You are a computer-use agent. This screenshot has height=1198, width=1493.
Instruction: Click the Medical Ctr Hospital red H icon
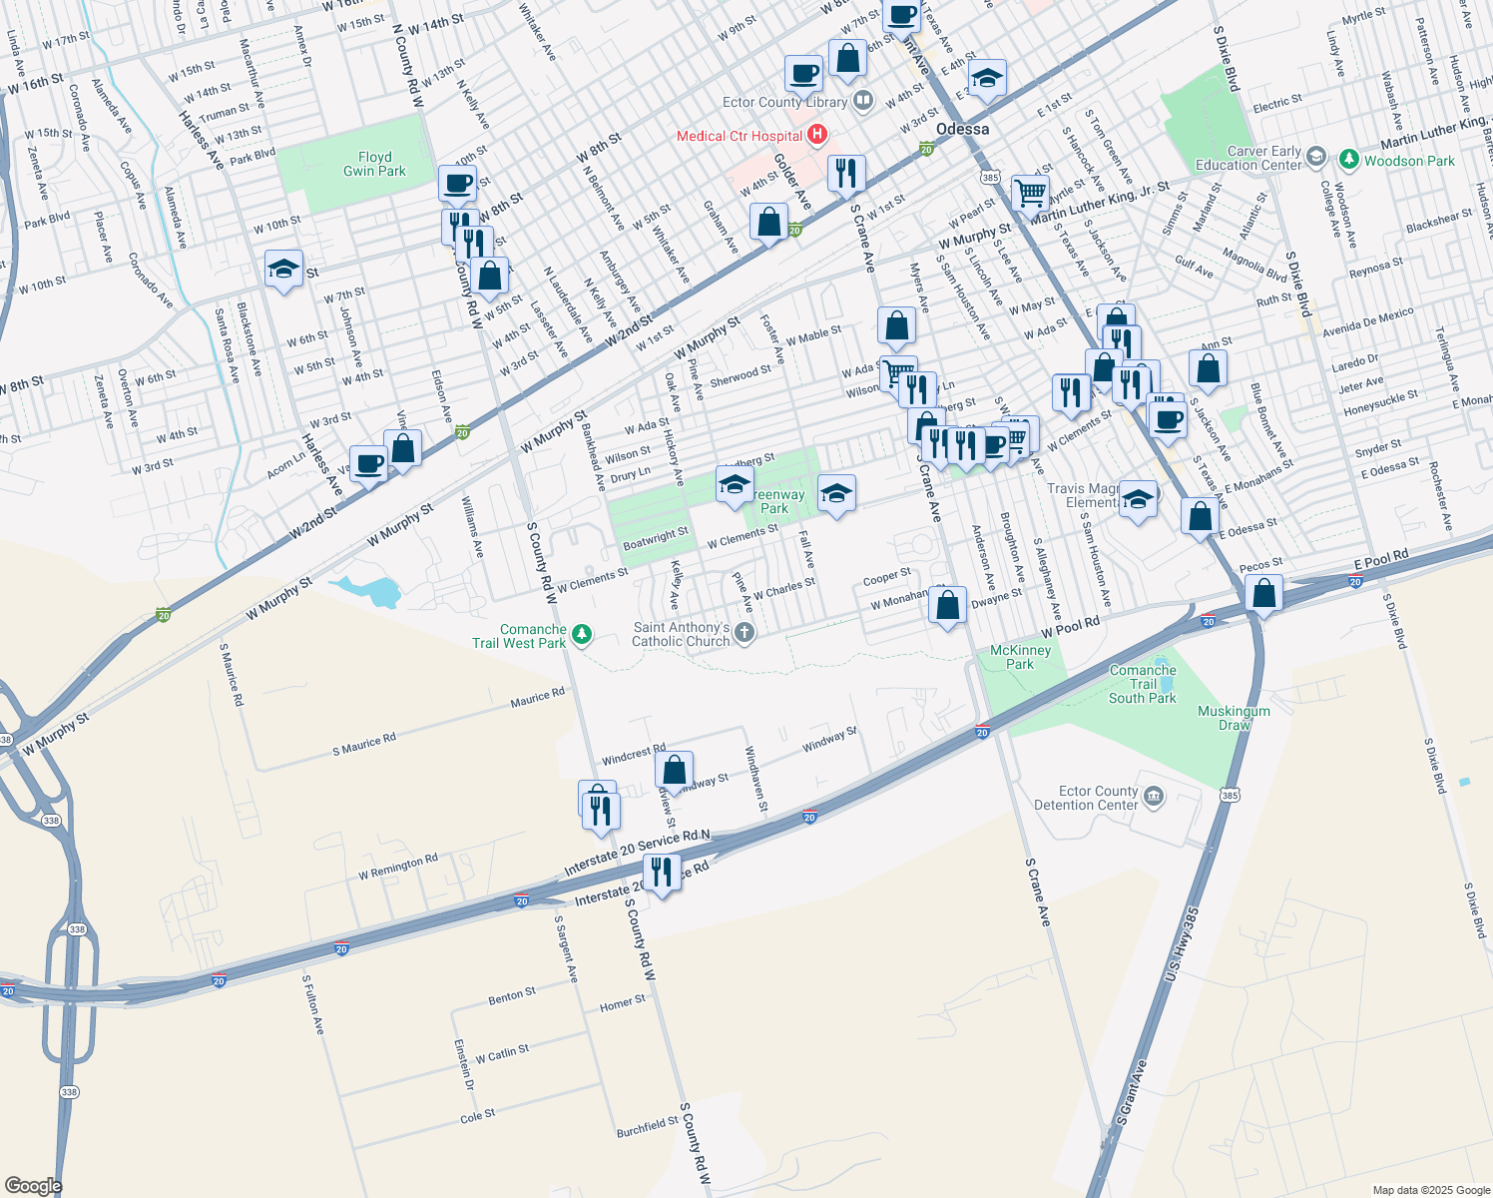(817, 135)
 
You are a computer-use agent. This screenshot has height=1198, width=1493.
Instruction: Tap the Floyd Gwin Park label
(374, 164)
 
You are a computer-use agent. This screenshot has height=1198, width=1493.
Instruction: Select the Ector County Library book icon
(863, 101)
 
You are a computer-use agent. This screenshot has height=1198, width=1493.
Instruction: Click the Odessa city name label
(963, 129)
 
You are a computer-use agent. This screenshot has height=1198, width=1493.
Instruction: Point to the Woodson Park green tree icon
(1349, 160)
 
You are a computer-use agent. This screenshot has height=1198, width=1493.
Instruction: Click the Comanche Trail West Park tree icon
(582, 634)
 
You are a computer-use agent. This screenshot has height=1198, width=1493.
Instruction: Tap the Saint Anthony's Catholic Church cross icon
(746, 632)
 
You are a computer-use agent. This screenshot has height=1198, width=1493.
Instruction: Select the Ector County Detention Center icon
(1154, 796)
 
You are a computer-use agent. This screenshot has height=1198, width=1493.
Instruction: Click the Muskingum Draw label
(1235, 718)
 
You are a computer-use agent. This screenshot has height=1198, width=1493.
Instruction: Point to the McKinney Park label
(1020, 657)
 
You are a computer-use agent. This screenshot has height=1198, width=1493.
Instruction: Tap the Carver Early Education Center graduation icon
(1316, 156)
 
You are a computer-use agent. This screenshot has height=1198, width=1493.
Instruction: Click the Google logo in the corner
(33, 1185)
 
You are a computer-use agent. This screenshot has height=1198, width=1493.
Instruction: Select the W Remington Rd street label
(398, 867)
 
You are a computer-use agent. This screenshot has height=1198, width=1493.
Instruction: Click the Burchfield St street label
(648, 1127)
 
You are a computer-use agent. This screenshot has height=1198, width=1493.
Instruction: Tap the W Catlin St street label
(502, 1053)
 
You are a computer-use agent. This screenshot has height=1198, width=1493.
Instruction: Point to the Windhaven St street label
(756, 780)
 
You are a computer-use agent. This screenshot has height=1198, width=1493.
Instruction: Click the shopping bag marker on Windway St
(674, 771)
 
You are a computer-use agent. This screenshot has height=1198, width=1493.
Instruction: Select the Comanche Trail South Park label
(1143, 684)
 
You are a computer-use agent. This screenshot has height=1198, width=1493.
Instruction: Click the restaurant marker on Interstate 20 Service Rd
(661, 874)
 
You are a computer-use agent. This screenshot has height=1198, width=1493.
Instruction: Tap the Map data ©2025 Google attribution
(1431, 1190)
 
